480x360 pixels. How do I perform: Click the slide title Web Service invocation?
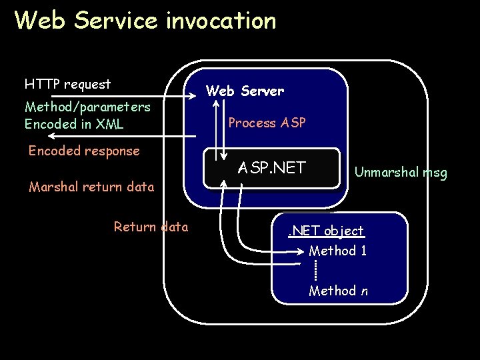(145, 21)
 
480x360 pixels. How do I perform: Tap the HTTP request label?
(67, 84)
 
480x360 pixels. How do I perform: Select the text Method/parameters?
(87, 107)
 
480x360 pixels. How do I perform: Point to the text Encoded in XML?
(73, 124)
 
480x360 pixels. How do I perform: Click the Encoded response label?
(84, 151)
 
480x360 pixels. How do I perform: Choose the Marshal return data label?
(91, 187)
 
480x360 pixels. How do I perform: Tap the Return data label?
(151, 227)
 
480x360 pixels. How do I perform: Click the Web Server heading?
(245, 91)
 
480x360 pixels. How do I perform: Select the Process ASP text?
(267, 123)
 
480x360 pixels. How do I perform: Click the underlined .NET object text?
(325, 231)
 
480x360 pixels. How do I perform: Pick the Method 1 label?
(337, 251)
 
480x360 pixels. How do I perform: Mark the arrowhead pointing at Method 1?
(301, 252)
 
